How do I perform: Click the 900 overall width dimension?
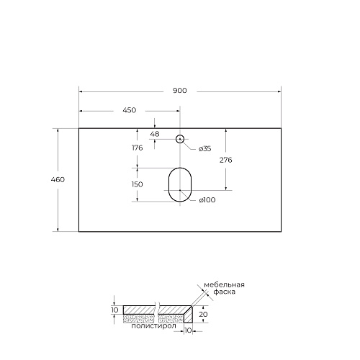tap(180, 91)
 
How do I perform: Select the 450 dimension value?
tap(130, 110)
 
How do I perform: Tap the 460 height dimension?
tap(58, 179)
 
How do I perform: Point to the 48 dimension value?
tap(155, 134)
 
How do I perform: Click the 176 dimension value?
tap(138, 148)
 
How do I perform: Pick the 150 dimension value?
tap(138, 184)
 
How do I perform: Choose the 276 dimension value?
tap(226, 160)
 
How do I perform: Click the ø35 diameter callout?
tap(205, 149)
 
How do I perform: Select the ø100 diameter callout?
tap(207, 200)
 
